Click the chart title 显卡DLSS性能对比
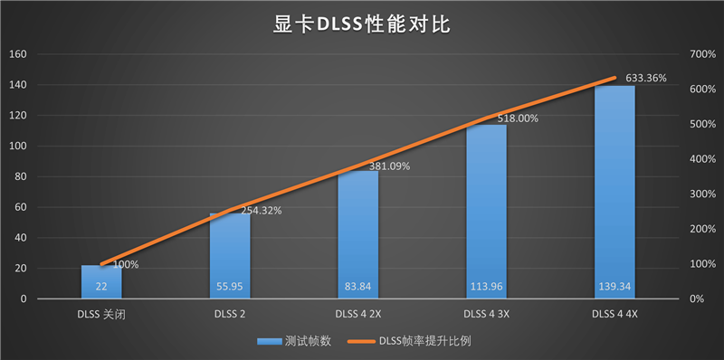pos(362,24)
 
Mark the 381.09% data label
pos(388,166)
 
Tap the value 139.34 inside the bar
pos(614,287)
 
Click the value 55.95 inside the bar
pos(230,287)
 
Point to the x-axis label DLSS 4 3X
pos(486,315)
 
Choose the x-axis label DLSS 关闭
pos(101,315)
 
